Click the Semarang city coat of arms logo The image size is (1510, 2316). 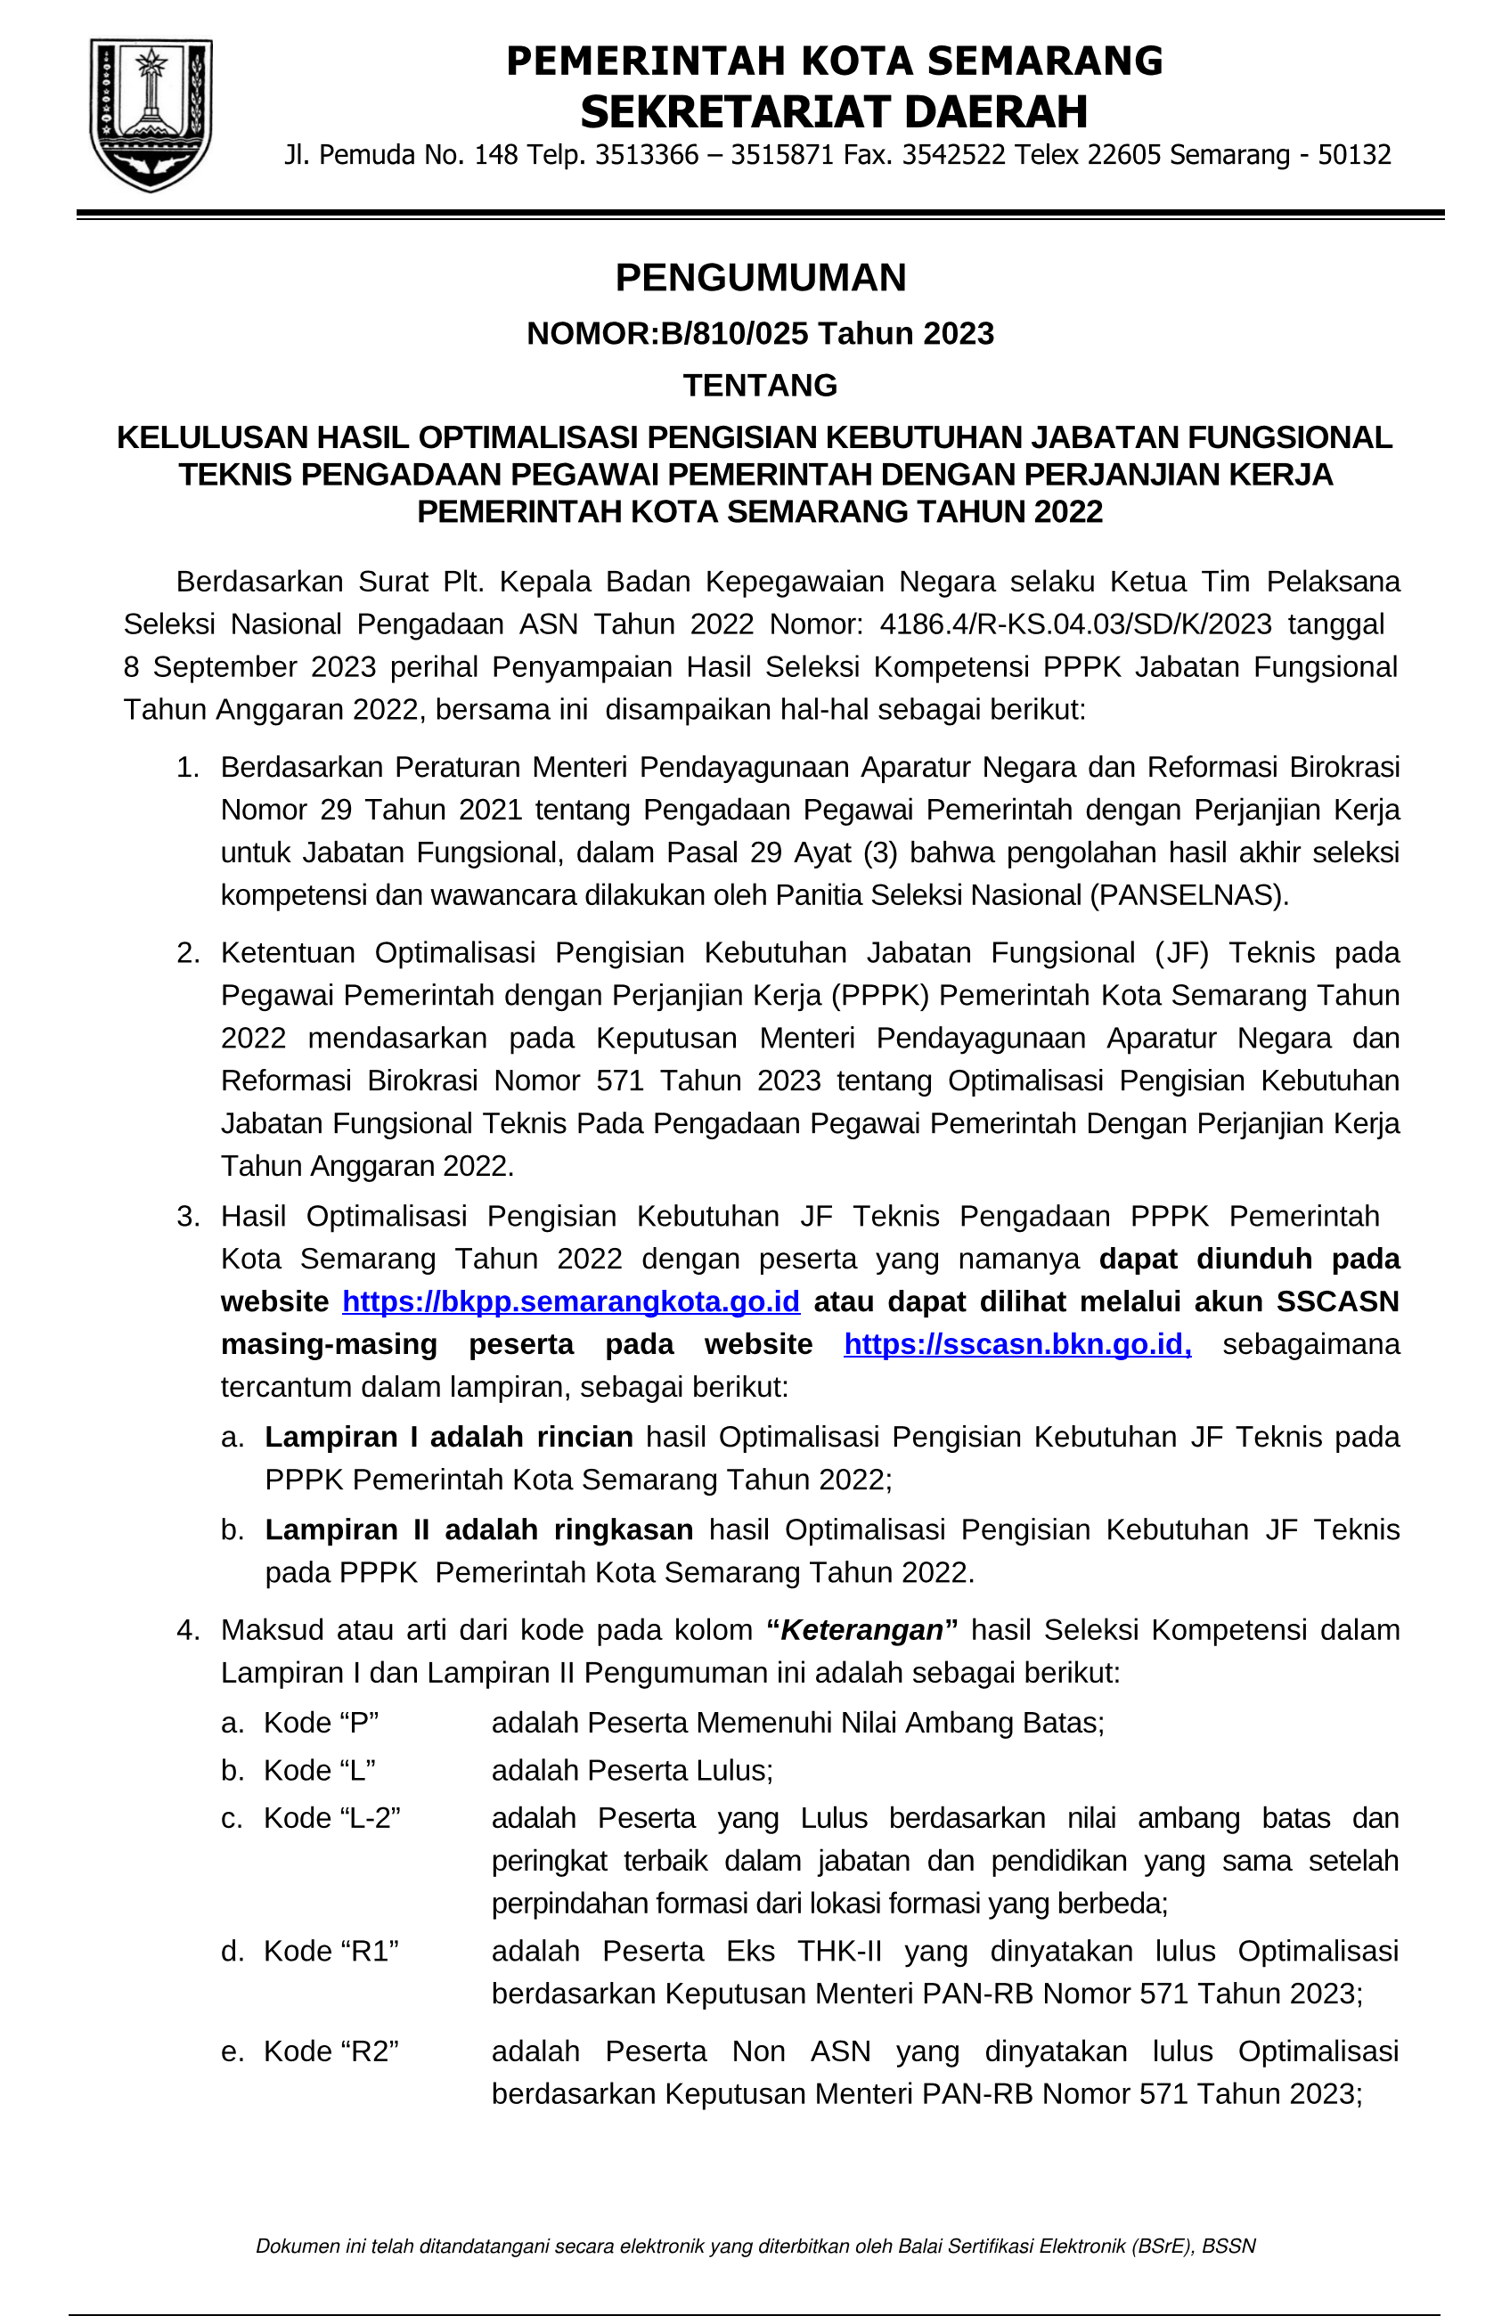click(x=151, y=115)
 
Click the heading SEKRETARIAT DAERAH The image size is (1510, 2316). click(x=834, y=112)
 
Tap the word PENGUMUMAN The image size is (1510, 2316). click(x=760, y=278)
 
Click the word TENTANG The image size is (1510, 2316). click(x=760, y=386)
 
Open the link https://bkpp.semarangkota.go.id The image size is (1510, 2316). click(x=571, y=1301)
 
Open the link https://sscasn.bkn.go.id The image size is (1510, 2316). click(x=1016, y=1344)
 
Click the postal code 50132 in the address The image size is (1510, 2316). click(x=1354, y=155)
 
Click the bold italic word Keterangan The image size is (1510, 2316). click(x=862, y=1630)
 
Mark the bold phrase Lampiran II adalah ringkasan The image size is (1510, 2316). click(x=478, y=1529)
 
